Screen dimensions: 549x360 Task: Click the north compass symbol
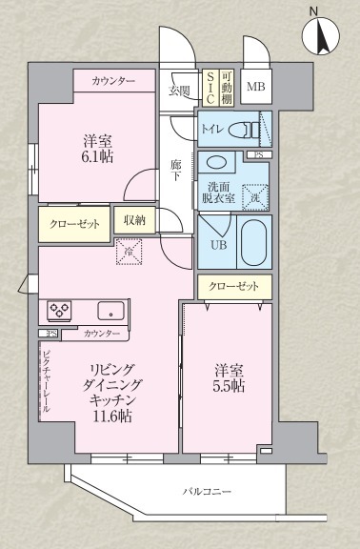coord(321,37)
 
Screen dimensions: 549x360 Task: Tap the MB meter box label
coord(255,88)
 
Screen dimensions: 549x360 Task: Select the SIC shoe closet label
coord(208,87)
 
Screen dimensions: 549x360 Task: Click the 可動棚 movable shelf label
coord(227,87)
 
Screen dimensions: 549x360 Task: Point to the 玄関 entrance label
coord(180,91)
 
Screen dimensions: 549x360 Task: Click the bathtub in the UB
coord(254,243)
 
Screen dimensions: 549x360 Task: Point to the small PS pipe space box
coord(255,154)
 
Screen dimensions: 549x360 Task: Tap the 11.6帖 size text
coord(112,416)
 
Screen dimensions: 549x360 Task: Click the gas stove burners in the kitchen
coord(61,309)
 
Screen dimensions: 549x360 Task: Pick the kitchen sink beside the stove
coord(110,309)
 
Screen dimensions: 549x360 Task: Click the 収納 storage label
coord(134,219)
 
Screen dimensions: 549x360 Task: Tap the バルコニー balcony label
coord(208,492)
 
